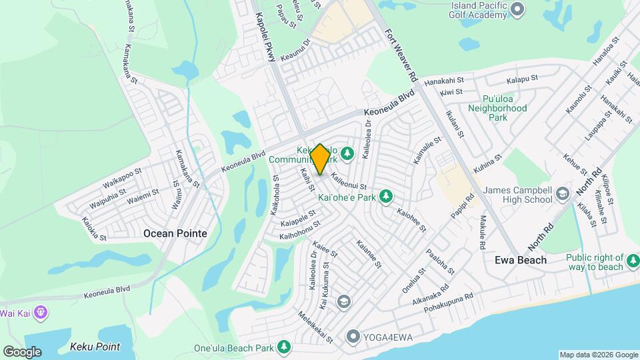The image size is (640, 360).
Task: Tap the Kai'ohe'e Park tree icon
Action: coord(385,196)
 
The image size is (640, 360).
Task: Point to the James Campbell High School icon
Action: coord(562,194)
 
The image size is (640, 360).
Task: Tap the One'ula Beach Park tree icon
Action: coord(284,347)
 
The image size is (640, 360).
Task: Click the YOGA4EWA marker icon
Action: coord(353,337)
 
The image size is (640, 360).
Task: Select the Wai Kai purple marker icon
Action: coord(41,311)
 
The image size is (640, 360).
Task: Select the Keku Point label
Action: coord(95,347)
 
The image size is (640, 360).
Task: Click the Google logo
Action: coord(22,351)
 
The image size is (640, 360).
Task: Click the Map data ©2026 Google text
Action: coord(598,355)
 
